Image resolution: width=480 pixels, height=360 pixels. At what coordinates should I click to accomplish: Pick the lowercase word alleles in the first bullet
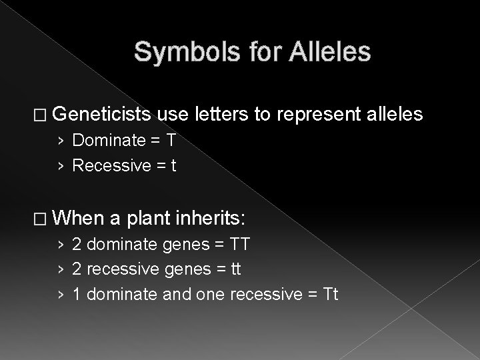tap(393, 115)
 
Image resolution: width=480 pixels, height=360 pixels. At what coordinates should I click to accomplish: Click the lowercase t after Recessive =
tap(173, 165)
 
